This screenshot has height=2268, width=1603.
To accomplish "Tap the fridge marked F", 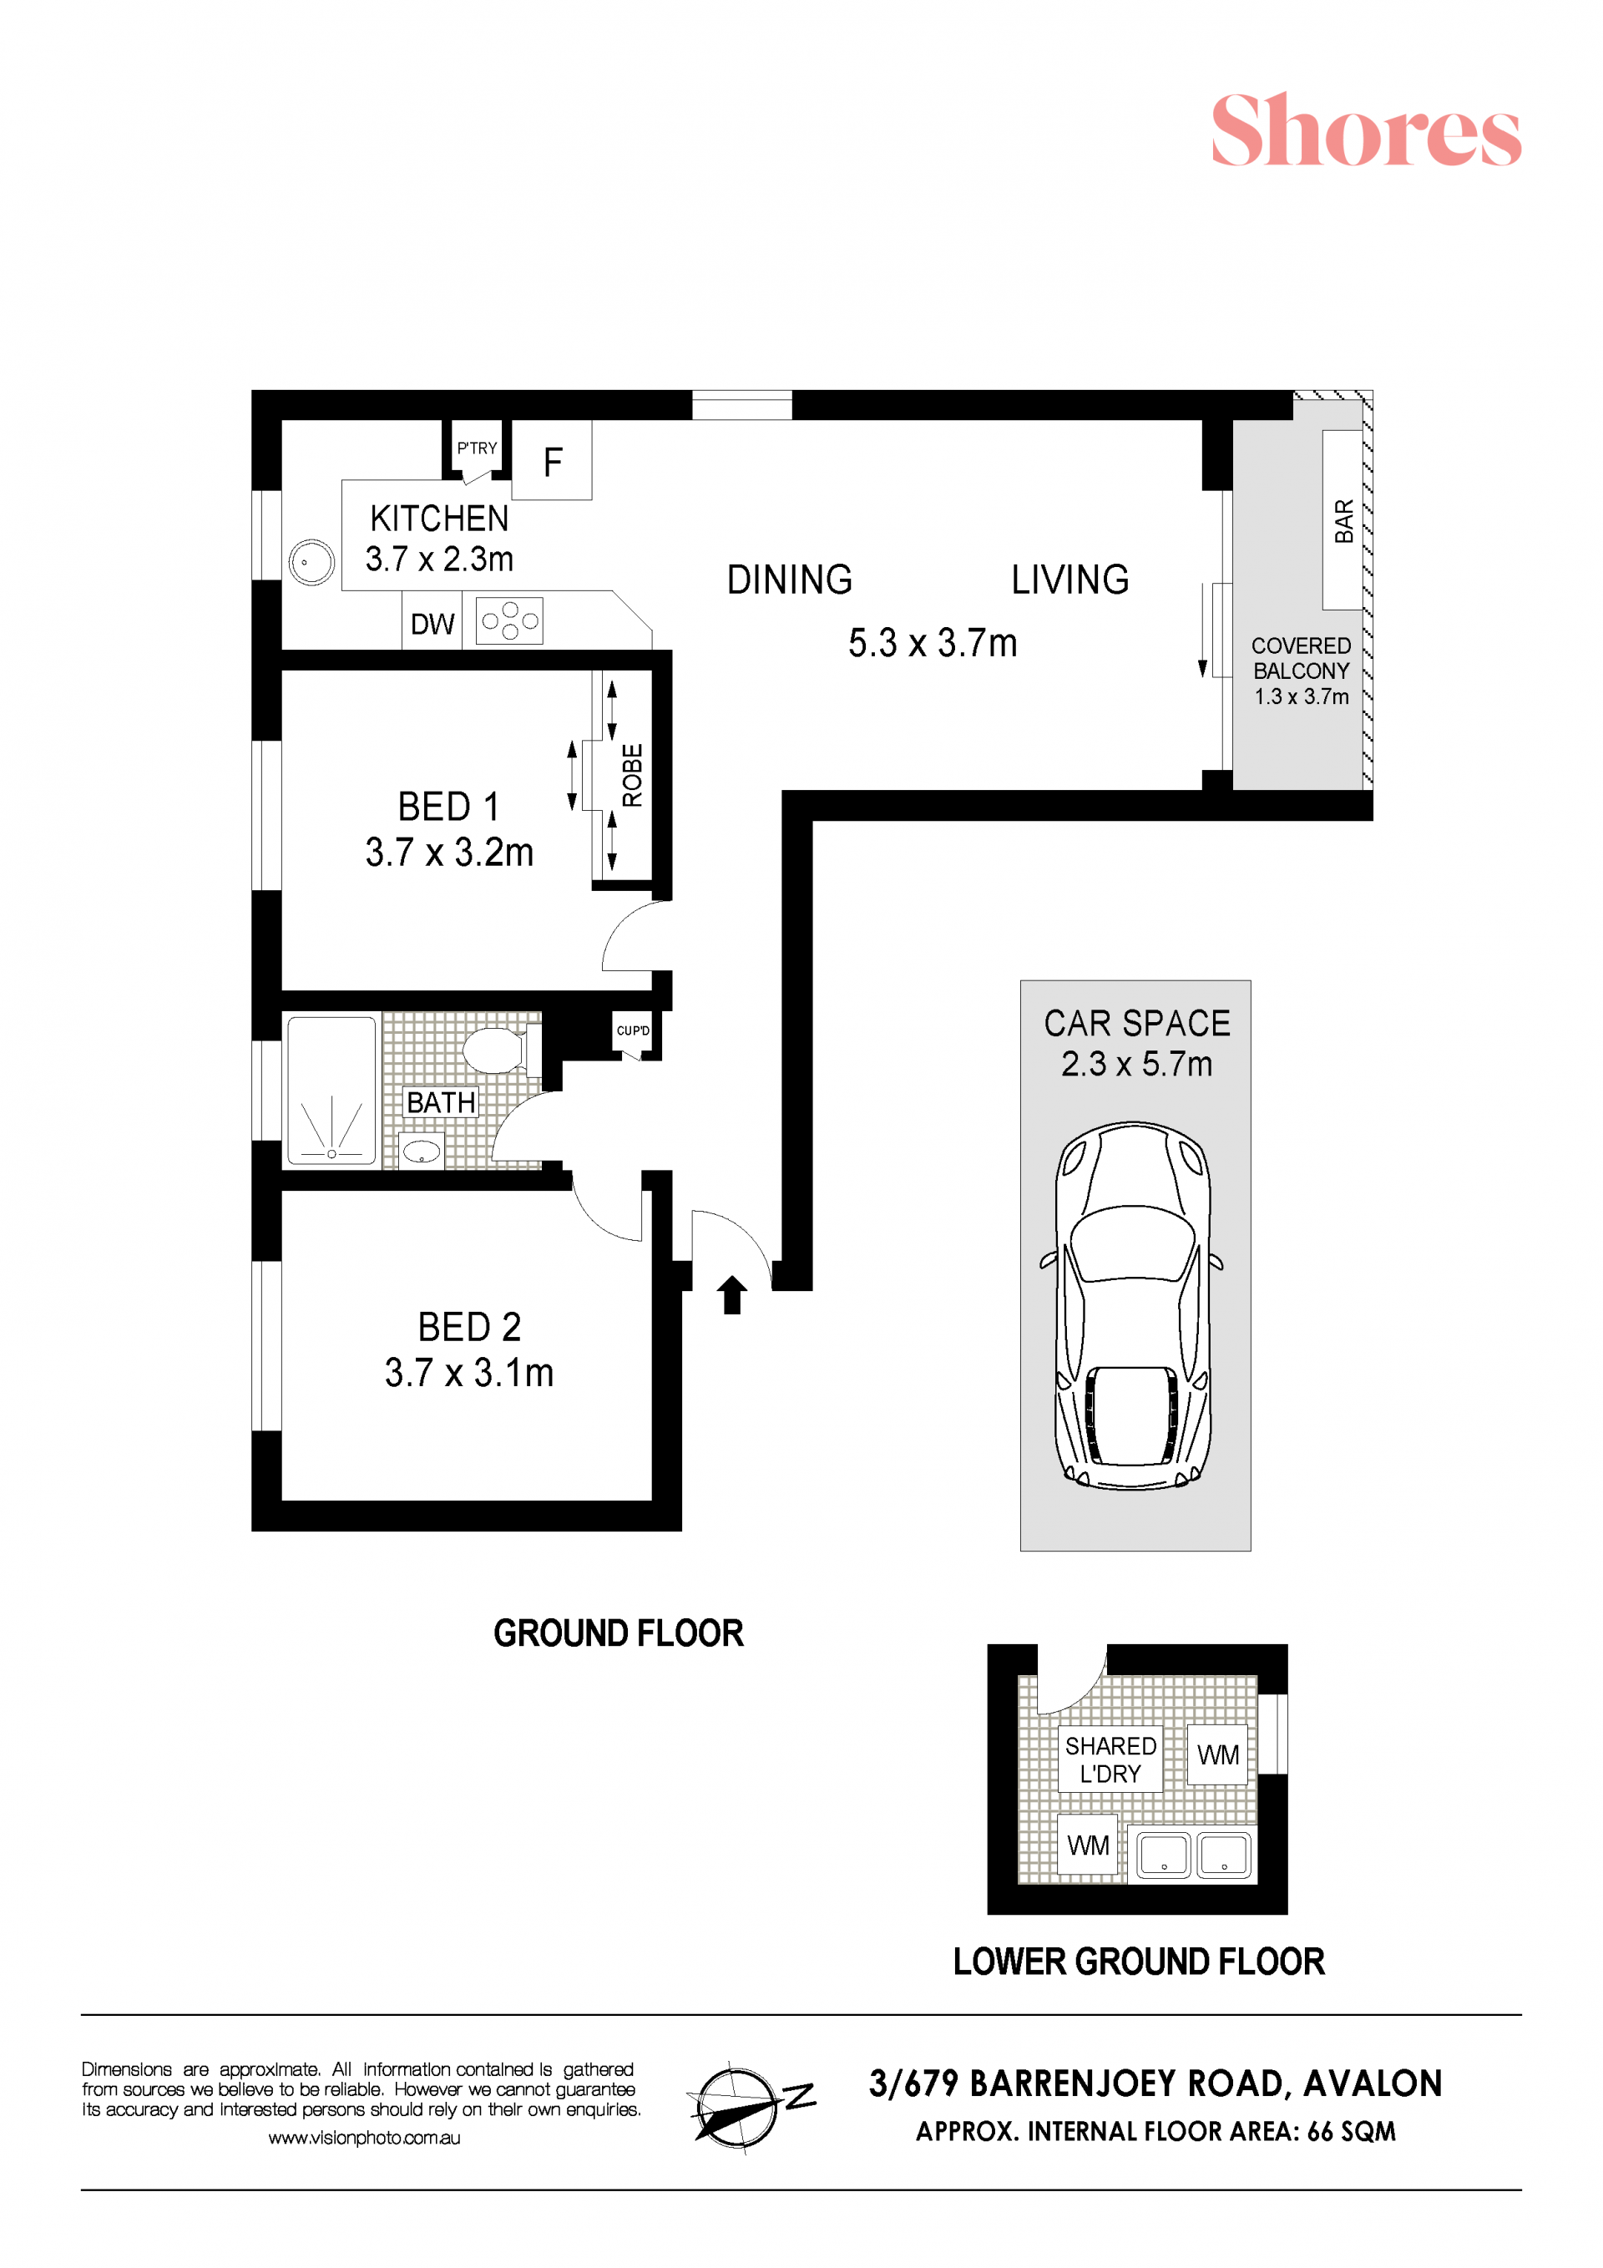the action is tap(551, 460).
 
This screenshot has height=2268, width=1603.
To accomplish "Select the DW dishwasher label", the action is tap(432, 625).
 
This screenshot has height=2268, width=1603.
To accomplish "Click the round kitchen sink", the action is tap(311, 563).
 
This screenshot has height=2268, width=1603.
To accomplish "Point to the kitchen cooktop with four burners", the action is tap(508, 621).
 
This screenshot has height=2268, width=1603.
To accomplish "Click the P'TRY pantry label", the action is tap(477, 448).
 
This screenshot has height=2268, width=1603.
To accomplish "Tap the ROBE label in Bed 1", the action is tap(632, 776).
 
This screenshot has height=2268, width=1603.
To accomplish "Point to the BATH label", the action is tap(441, 1102).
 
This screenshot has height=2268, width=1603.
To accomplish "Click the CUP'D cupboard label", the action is tap(633, 1030).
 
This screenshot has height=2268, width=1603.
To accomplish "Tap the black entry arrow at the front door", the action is tap(732, 1294).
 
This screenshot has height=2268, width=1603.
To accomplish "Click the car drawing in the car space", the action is tap(1134, 1305).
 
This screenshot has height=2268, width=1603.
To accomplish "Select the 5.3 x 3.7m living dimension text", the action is tap(933, 643).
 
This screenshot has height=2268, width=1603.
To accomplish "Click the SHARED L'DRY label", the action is tap(1110, 1760).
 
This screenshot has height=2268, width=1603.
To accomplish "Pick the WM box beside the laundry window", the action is tap(1218, 1754).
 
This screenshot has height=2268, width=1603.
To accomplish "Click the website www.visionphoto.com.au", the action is tap(365, 2138).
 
